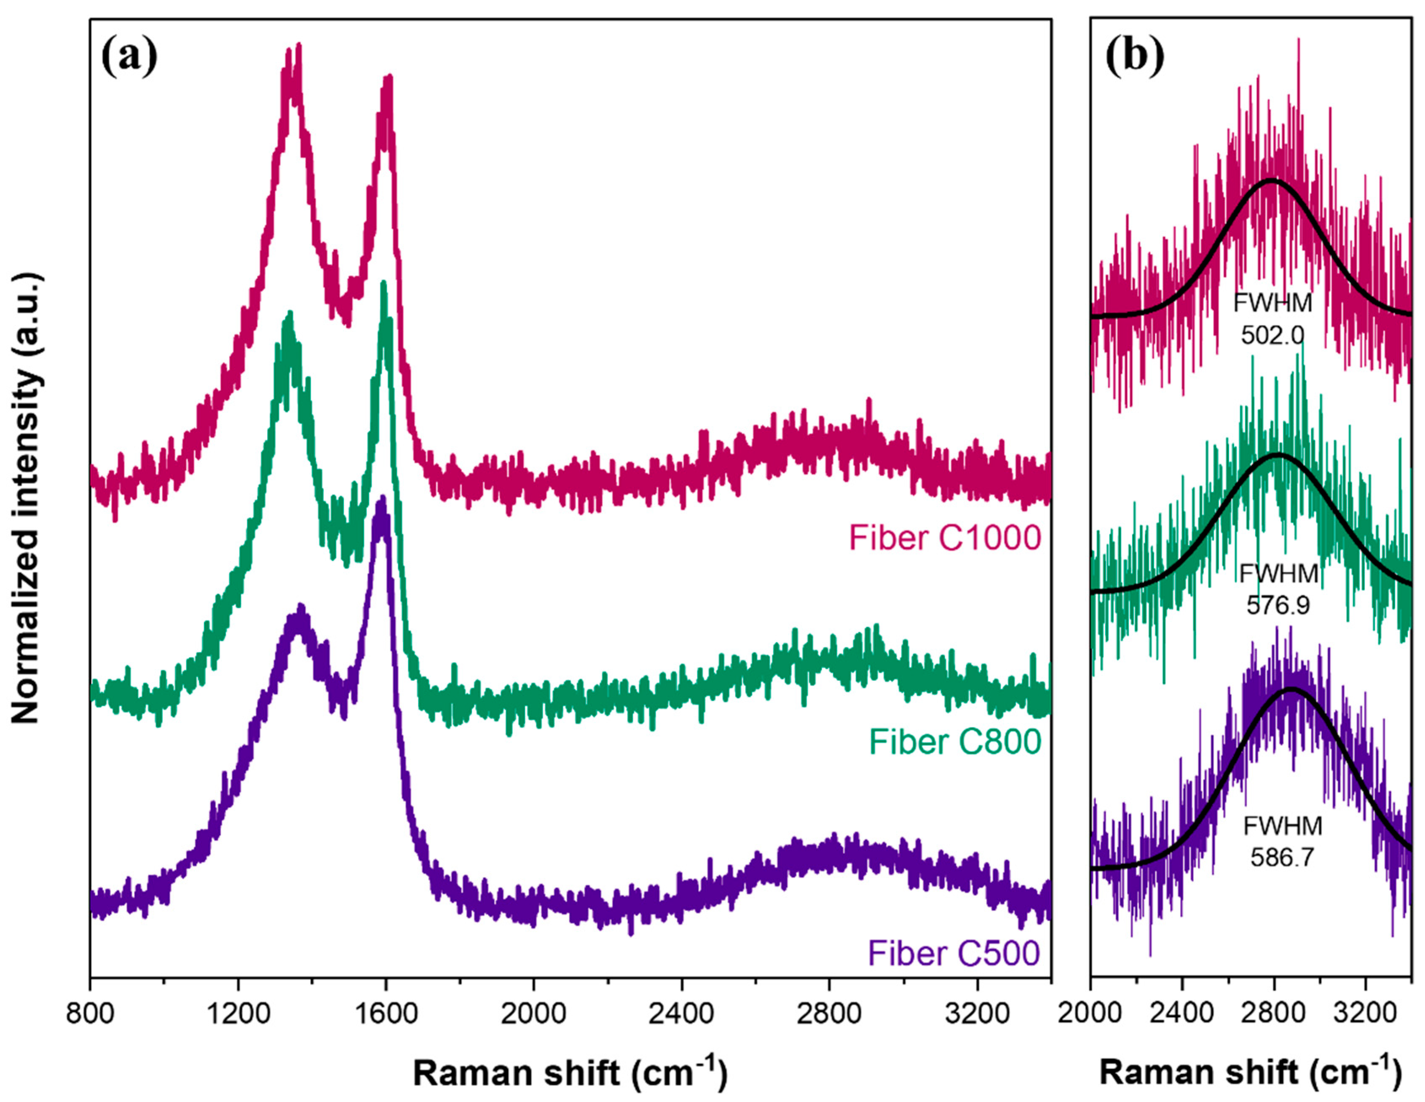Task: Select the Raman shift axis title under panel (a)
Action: point(570,1072)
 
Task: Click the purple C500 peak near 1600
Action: point(382,499)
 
